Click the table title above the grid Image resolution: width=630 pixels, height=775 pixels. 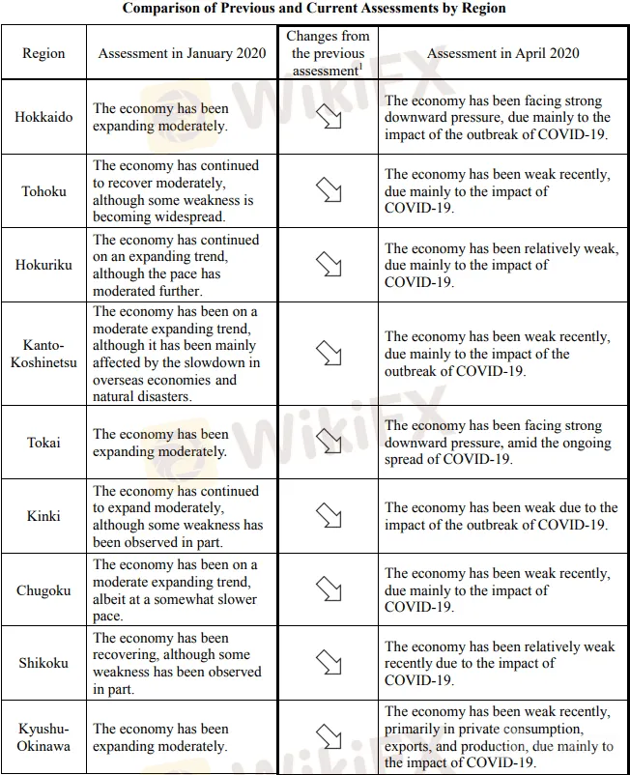314,8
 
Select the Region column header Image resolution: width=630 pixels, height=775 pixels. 43,53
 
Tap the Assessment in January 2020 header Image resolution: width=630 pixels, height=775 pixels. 182,53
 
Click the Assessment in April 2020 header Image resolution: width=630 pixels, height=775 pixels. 501,53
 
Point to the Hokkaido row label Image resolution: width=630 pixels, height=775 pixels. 43,117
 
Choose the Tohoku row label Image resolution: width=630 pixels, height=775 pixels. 43,190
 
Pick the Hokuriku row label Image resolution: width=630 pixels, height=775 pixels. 43,265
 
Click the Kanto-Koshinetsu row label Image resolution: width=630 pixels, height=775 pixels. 43,354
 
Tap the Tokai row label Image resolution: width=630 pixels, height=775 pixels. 43,443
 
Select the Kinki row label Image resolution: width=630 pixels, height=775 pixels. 43,516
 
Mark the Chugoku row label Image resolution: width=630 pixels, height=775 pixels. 43,590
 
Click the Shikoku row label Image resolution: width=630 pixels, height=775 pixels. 43,663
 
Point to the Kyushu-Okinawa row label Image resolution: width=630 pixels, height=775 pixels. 43,736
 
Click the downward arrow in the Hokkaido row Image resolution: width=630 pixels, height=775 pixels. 329,118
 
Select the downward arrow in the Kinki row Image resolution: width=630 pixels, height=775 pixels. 329,516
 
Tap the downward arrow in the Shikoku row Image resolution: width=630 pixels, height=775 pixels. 329,663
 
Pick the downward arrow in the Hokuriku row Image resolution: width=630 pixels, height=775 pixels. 329,265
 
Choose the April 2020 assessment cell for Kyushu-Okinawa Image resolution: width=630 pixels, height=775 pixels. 500,736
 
